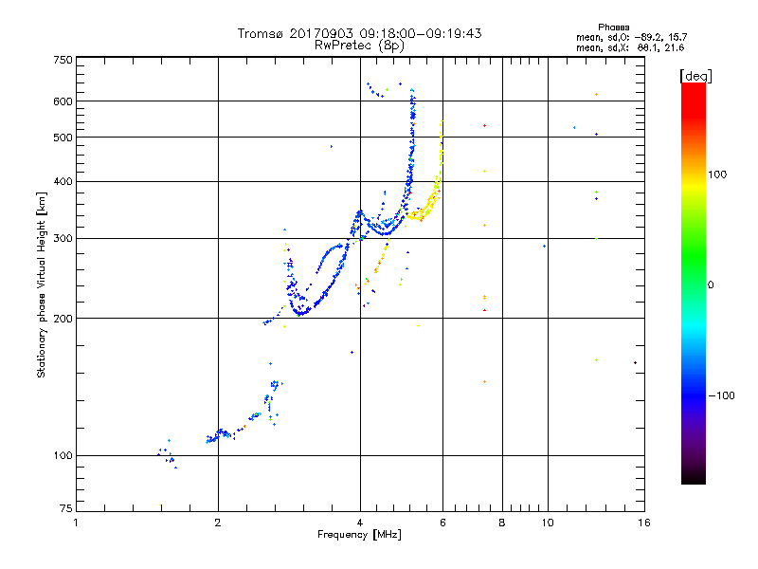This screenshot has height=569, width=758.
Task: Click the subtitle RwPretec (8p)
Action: click(x=360, y=45)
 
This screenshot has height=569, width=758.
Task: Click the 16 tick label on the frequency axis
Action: click(x=643, y=523)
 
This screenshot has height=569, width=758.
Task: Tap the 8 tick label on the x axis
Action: click(x=502, y=523)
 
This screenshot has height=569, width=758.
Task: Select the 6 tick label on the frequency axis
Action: click(x=442, y=523)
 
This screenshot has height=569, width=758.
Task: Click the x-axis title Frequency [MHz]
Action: click(x=360, y=536)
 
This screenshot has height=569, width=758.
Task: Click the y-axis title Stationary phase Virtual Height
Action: click(x=42, y=284)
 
